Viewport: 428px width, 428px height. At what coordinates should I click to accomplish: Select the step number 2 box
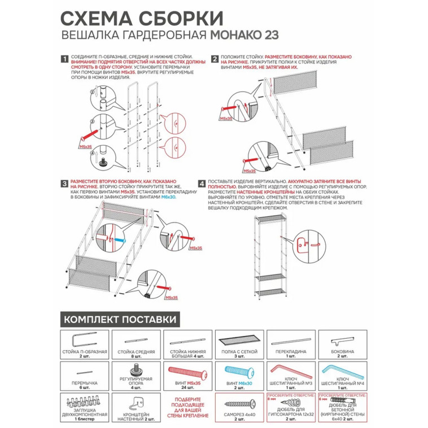pos(215,59)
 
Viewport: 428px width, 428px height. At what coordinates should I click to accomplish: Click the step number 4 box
pos(202,184)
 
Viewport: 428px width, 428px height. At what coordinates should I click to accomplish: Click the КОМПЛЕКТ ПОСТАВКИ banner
pos(120,320)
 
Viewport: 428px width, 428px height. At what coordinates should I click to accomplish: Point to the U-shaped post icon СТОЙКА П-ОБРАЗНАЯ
pos(81,340)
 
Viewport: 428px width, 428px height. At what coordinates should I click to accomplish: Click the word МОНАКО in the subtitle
pos(234,34)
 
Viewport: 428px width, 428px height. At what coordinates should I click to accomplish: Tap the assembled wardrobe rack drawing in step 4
pos(270,248)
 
